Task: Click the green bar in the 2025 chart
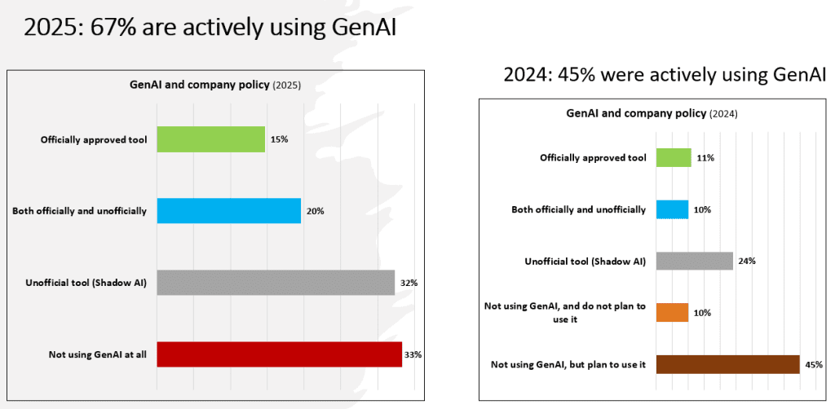pos(210,139)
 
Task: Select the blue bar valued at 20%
pos(228,211)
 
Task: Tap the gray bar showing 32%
pos(276,283)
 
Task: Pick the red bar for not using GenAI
pos(279,354)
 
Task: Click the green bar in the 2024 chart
pos(673,157)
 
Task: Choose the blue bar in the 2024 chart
pos(672,209)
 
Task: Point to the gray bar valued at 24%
pos(694,261)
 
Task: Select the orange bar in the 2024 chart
pos(672,312)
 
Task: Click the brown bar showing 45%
pos(727,364)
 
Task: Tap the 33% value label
pos(413,354)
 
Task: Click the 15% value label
pos(279,139)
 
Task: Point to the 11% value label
pos(705,157)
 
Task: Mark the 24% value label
pos(747,261)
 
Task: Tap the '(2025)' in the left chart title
pos(287,85)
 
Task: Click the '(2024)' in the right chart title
pos(723,114)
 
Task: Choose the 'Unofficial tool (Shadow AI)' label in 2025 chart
pos(86,283)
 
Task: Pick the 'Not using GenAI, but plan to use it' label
pos(568,364)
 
